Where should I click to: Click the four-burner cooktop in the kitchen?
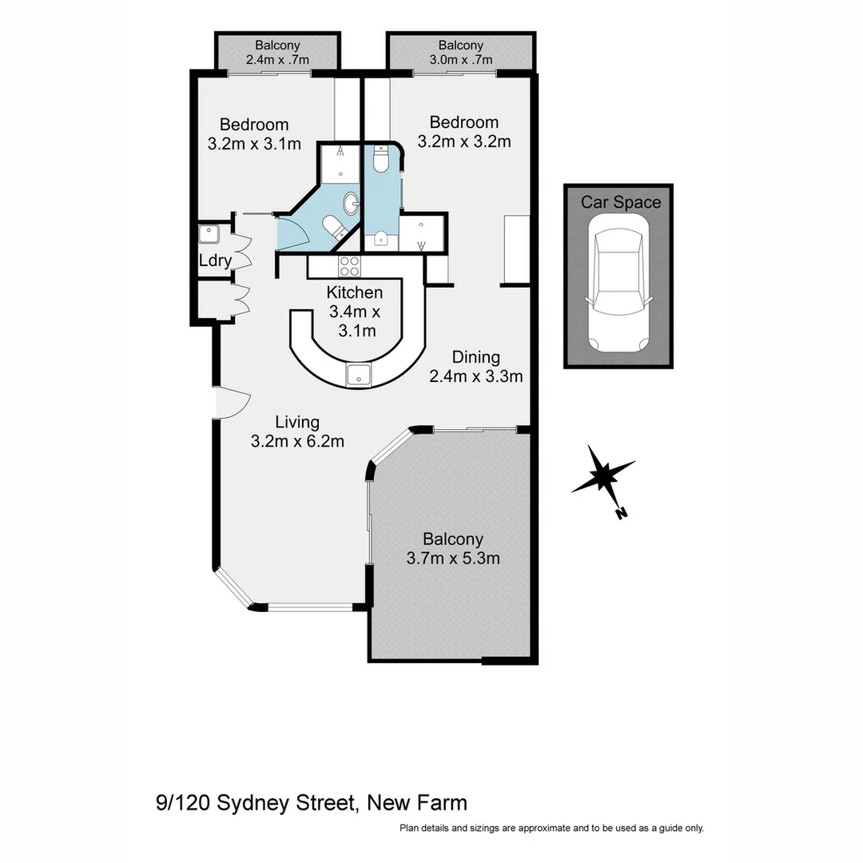(x=350, y=266)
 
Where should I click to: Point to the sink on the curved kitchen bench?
(x=357, y=373)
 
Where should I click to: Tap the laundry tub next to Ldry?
(x=209, y=234)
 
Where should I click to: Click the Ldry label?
(x=215, y=260)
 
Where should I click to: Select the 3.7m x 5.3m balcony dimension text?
(x=453, y=559)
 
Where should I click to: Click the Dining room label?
(x=475, y=357)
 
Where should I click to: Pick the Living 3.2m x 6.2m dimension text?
(x=297, y=440)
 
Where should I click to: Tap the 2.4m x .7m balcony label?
(x=277, y=59)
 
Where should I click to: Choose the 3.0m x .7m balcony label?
(x=460, y=59)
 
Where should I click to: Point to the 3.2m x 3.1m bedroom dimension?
(x=254, y=145)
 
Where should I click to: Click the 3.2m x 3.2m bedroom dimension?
(x=464, y=142)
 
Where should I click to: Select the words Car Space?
(x=621, y=202)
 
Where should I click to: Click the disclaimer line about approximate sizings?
(x=551, y=829)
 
